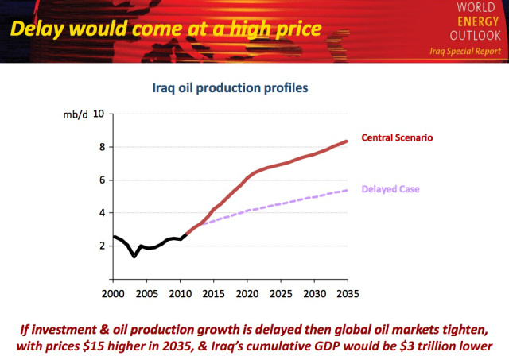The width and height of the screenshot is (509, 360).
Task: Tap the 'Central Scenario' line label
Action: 396,137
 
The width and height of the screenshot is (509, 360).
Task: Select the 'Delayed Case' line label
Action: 390,189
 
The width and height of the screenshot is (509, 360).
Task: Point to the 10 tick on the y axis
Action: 99,114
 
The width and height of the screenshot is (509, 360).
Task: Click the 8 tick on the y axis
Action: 102,147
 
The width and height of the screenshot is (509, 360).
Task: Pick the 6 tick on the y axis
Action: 102,180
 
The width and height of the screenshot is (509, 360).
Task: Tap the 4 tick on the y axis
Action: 102,213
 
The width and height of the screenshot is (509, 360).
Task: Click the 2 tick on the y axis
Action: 102,246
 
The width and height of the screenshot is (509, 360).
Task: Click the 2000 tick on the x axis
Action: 113,292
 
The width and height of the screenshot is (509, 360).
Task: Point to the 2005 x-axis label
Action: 146,292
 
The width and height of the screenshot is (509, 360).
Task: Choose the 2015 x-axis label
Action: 213,292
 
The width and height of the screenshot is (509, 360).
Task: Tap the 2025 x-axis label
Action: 280,292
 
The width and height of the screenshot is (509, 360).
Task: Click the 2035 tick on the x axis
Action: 347,292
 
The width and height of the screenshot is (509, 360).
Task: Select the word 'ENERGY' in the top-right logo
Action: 479,21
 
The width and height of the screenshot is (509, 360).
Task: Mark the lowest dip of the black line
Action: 134,257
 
